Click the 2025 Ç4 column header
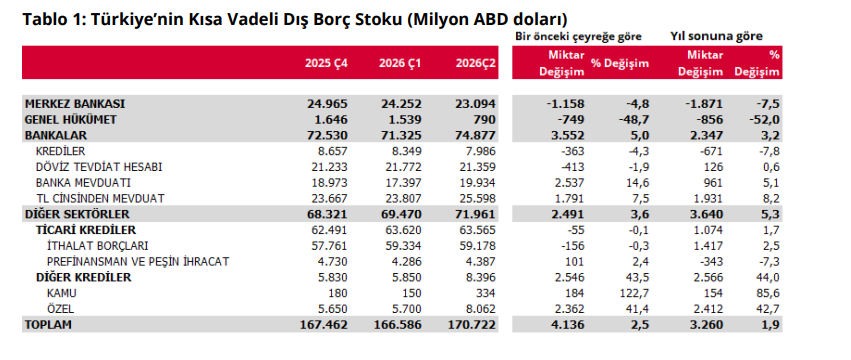click(326, 63)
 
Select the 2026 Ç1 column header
click(400, 63)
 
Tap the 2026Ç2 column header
click(476, 63)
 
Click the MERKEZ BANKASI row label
click(75, 103)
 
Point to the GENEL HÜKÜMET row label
click(71, 119)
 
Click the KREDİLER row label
click(60, 151)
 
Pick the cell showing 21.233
click(327, 167)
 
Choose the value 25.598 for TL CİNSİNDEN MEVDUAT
click(476, 199)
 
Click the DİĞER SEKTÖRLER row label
click(77, 214)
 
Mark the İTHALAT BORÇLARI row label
click(98, 246)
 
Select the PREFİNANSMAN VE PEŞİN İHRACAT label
click(138, 262)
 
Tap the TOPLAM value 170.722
click(475, 325)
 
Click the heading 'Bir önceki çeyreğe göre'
click(579, 36)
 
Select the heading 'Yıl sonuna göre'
click(716, 36)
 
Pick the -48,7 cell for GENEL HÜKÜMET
click(634, 119)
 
